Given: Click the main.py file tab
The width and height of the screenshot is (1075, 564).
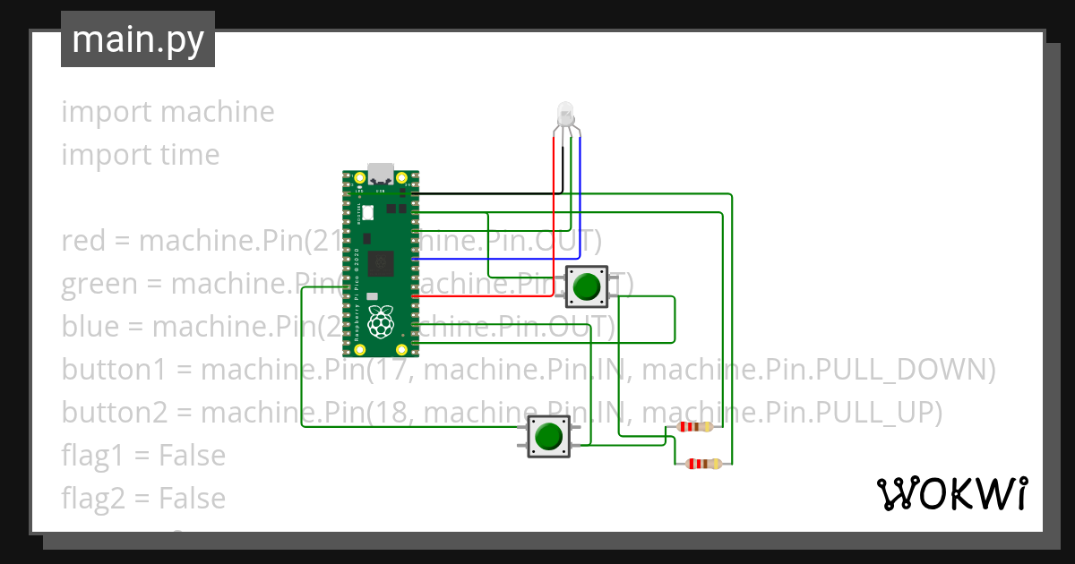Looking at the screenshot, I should [137, 39].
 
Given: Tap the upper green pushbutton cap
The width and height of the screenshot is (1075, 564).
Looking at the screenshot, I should [586, 286].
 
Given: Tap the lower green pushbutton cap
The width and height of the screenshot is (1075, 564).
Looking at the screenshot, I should [547, 437].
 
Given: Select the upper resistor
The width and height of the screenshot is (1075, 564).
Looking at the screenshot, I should [696, 426].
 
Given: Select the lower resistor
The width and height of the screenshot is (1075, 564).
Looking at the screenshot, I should [702, 464].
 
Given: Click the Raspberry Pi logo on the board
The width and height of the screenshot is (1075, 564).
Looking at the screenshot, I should [383, 322].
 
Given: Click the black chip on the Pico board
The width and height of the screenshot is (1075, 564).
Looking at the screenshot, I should [383, 264].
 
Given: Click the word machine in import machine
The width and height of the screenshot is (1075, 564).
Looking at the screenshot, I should [218, 112].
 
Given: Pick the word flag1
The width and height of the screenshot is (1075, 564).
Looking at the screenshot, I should [92, 456].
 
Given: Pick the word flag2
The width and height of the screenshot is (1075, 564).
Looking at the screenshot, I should [93, 499].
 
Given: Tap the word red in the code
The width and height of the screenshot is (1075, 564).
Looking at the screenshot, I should [82, 241].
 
